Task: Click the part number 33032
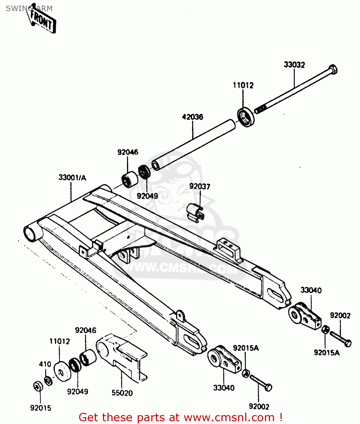[294, 65]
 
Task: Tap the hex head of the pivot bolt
[333, 69]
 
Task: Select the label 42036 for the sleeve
[192, 117]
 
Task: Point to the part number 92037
[200, 186]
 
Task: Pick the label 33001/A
[72, 178]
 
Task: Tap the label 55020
[122, 393]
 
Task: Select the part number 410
[45, 364]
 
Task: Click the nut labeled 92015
[38, 386]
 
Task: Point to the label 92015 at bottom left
[41, 408]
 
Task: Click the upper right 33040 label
[311, 290]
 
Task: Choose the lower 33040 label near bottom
[224, 388]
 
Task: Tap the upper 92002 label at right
[340, 315]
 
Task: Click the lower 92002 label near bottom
[259, 406]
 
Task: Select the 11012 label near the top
[243, 85]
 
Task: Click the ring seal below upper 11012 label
[245, 116]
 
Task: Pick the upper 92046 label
[128, 152]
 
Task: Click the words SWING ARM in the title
[29, 8]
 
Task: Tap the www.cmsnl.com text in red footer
[229, 417]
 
